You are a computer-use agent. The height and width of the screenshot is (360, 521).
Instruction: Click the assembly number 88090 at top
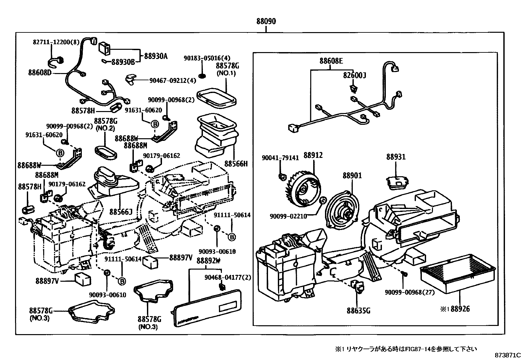266,22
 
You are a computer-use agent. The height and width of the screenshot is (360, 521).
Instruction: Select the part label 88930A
156,56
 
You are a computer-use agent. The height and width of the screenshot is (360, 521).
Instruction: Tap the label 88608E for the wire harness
331,61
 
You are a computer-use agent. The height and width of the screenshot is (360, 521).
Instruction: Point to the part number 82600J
354,76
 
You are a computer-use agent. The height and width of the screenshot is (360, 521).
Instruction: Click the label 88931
396,157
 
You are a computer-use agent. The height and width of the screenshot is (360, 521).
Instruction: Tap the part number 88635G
358,310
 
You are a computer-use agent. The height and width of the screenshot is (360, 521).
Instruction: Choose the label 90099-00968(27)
409,293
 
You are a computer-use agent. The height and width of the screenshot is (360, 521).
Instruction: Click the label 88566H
236,163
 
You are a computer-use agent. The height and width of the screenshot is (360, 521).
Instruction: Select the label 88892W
208,261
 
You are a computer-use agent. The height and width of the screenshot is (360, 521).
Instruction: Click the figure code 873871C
507,355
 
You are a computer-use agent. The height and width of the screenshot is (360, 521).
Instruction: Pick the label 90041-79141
280,158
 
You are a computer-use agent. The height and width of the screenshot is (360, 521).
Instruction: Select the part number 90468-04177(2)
228,277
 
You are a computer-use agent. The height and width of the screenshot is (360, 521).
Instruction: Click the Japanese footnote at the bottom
405,349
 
